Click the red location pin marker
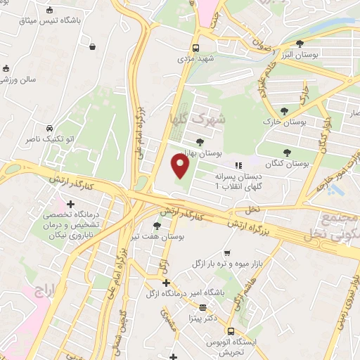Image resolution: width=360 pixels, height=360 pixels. click(x=181, y=167)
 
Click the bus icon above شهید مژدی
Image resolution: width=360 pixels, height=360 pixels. click(x=196, y=49)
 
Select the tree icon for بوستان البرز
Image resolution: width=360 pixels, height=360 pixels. click(x=300, y=44)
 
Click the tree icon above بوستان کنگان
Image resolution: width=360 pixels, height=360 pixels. click(x=286, y=153)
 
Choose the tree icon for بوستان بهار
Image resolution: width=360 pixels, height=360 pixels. click(x=200, y=141)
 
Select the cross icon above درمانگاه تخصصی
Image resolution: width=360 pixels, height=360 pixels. click(x=70, y=204)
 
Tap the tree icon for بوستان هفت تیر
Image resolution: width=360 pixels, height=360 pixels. click(x=156, y=226)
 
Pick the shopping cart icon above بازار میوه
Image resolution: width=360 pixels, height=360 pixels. click(x=226, y=253)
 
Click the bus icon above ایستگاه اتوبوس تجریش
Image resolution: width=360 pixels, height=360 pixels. click(x=230, y=330)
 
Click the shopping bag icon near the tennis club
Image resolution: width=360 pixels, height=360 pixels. click(x=93, y=47)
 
